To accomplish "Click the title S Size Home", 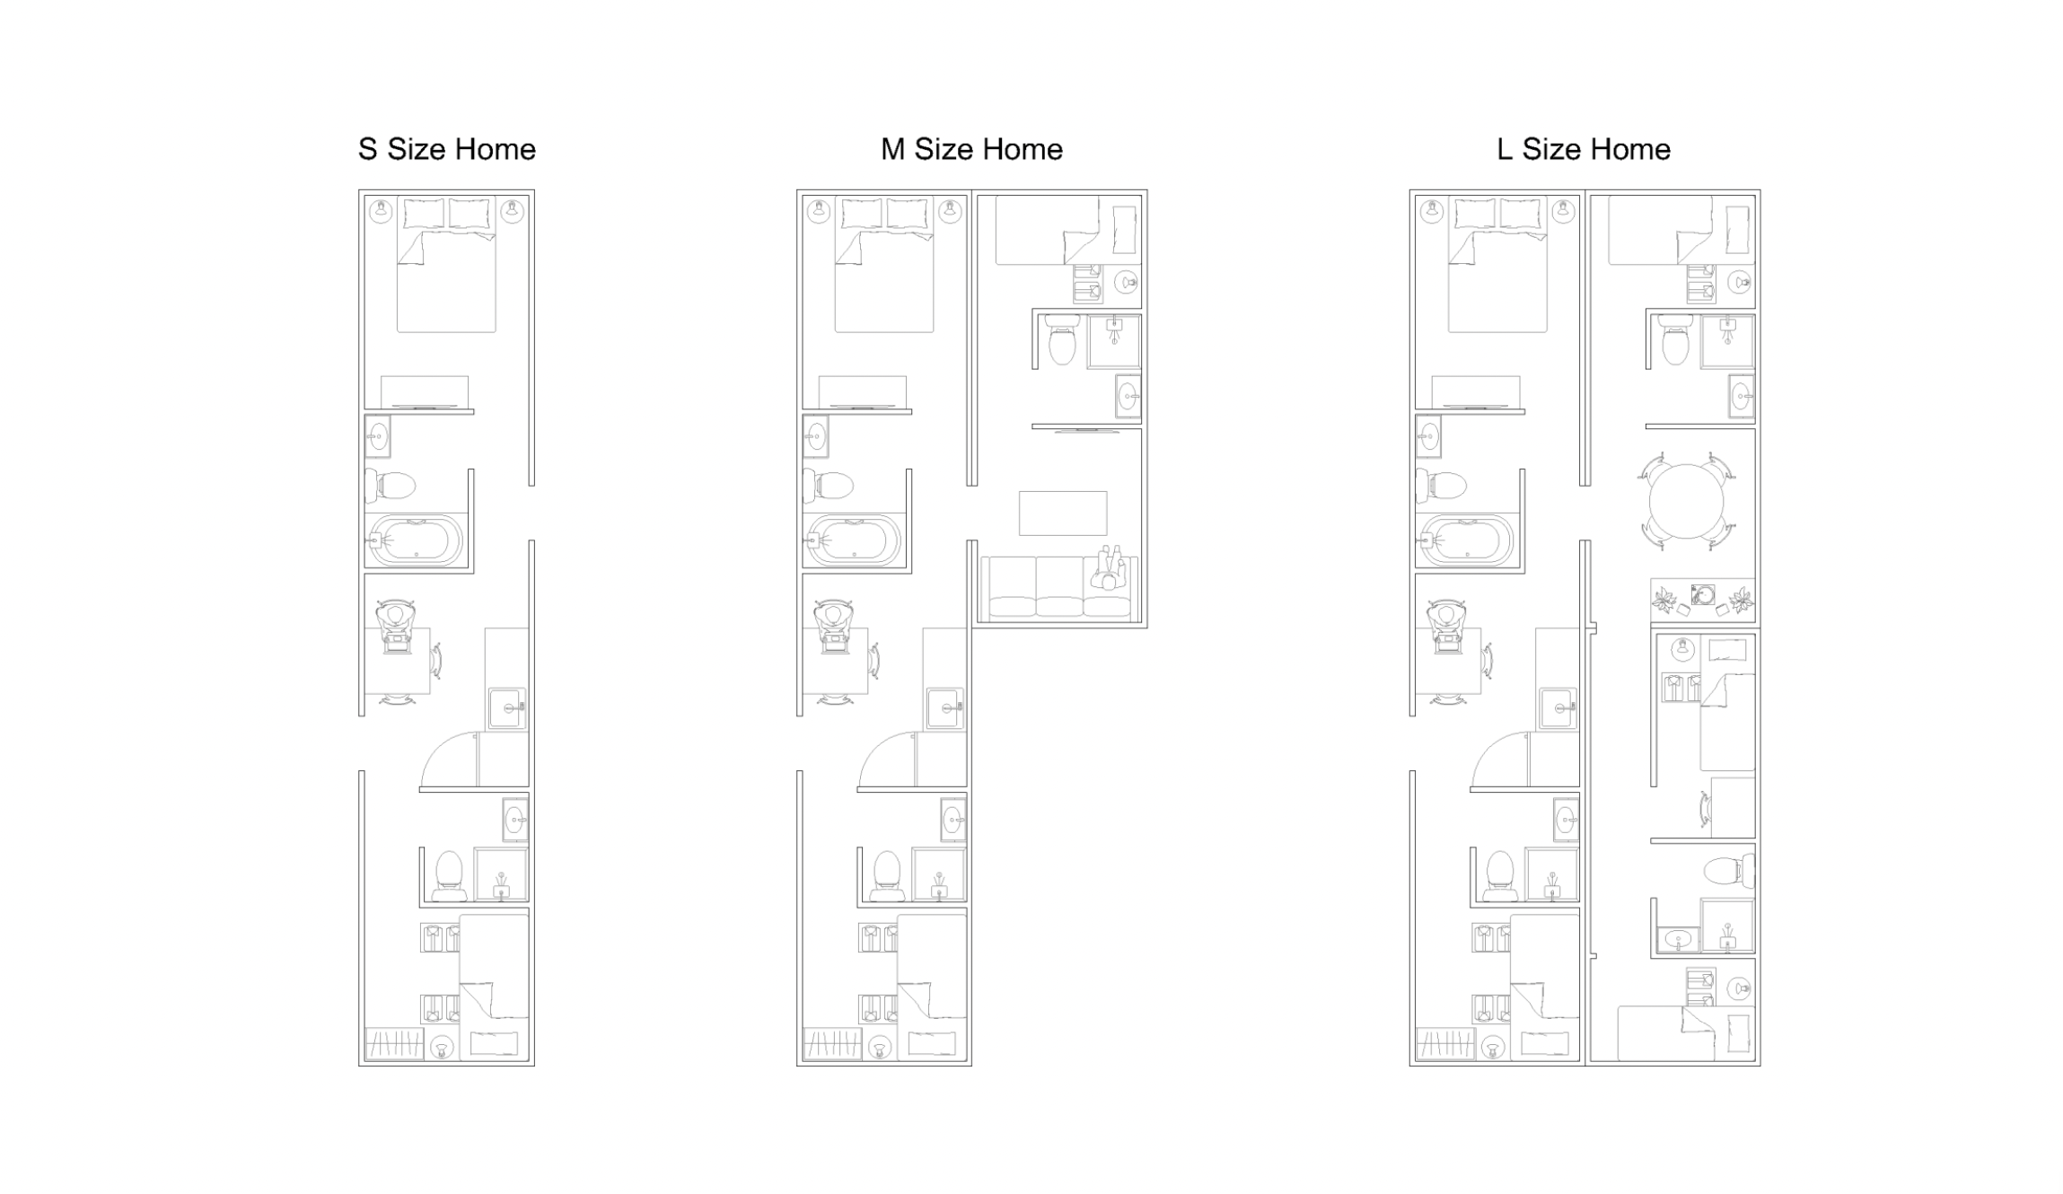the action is [x=446, y=149].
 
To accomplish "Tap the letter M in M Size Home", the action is [x=892, y=149].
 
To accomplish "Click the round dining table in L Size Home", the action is [x=1686, y=501].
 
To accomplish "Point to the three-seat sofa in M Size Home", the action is [x=1059, y=588].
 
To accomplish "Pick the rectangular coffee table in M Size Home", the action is [x=1063, y=513].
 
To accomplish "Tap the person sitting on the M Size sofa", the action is [x=1110, y=569].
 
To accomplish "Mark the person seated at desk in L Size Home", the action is [x=1445, y=626].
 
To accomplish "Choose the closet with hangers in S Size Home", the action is [x=394, y=1044].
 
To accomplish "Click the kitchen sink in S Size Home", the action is [x=507, y=708].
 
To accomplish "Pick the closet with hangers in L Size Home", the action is [x=1445, y=1044].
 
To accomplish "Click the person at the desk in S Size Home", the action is [x=395, y=626].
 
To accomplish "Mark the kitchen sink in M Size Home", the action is [x=945, y=708].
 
